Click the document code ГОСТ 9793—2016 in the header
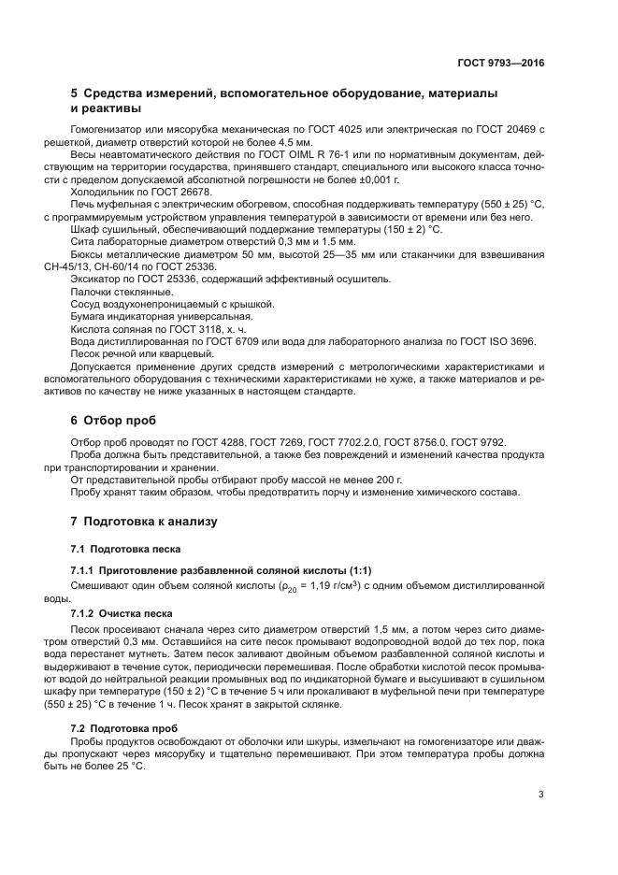point(500,64)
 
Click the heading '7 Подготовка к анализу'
point(144,521)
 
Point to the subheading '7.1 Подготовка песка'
point(125,548)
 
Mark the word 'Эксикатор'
point(95,279)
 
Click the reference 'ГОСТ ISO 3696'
point(486,342)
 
